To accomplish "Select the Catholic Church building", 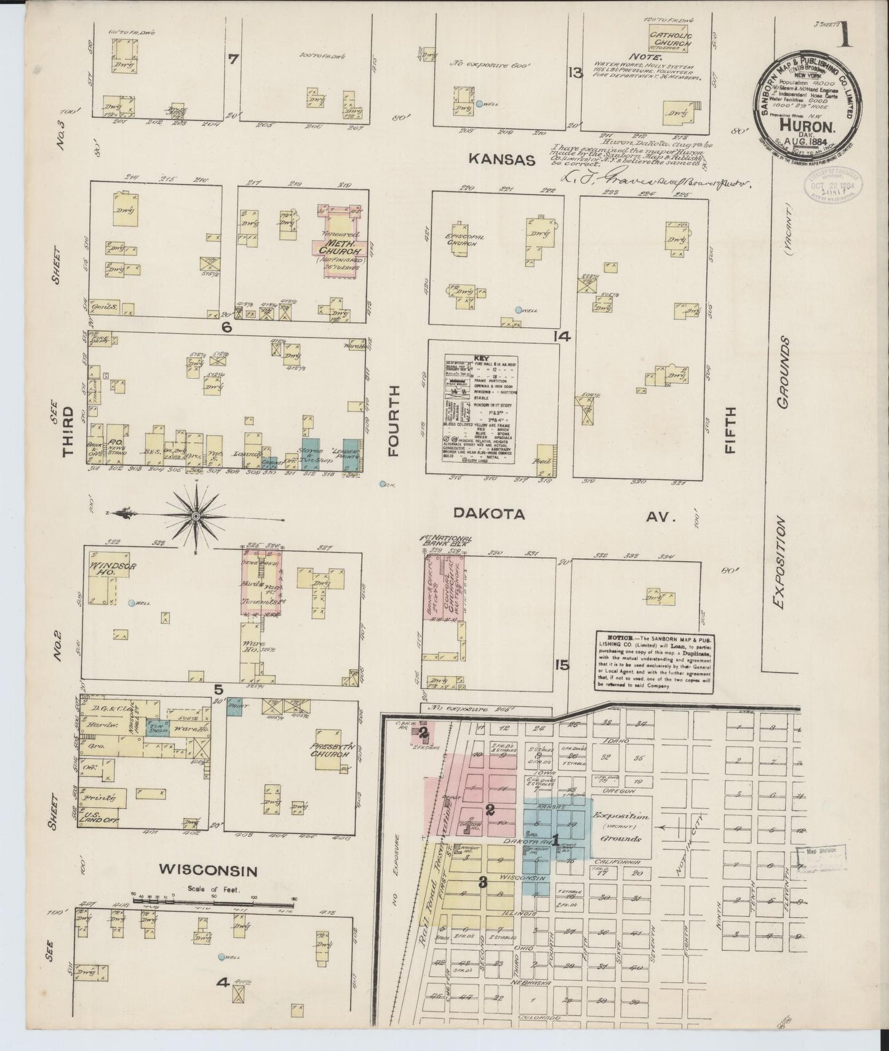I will [x=671, y=41].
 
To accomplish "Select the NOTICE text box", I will [x=653, y=661].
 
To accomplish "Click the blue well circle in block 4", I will [x=221, y=974].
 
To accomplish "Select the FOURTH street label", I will [x=394, y=430].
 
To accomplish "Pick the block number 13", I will [x=575, y=74].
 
